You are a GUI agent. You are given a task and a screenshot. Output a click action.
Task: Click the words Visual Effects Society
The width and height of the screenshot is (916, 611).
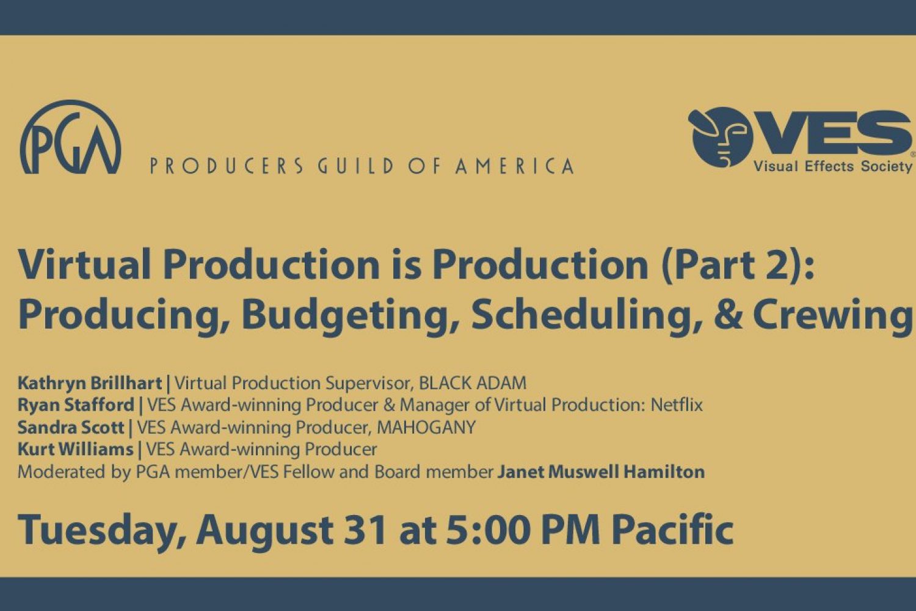point(832,167)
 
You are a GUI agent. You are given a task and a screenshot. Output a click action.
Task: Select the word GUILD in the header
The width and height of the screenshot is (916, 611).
point(355,166)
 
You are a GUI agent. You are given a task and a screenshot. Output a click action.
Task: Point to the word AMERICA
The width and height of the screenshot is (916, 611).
point(515,166)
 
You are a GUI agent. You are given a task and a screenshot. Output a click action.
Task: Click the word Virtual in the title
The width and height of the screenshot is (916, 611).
point(84,265)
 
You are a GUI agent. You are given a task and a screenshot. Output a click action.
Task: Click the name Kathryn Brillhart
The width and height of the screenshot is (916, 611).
point(90,384)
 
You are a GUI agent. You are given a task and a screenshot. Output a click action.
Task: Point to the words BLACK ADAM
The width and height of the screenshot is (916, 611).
point(473,383)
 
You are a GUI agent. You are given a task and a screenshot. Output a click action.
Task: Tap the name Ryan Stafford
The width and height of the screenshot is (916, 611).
point(76,405)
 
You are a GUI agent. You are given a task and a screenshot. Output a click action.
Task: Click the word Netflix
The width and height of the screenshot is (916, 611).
point(677,404)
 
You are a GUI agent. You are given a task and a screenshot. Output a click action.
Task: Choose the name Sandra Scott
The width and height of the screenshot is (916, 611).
point(71,427)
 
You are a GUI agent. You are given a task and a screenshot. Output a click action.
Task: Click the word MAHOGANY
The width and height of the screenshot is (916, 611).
point(426,427)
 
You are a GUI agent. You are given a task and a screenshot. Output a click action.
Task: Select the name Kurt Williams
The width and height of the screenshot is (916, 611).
point(76,449)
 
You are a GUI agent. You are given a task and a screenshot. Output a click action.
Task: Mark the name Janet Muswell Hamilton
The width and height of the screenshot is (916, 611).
point(601,472)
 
